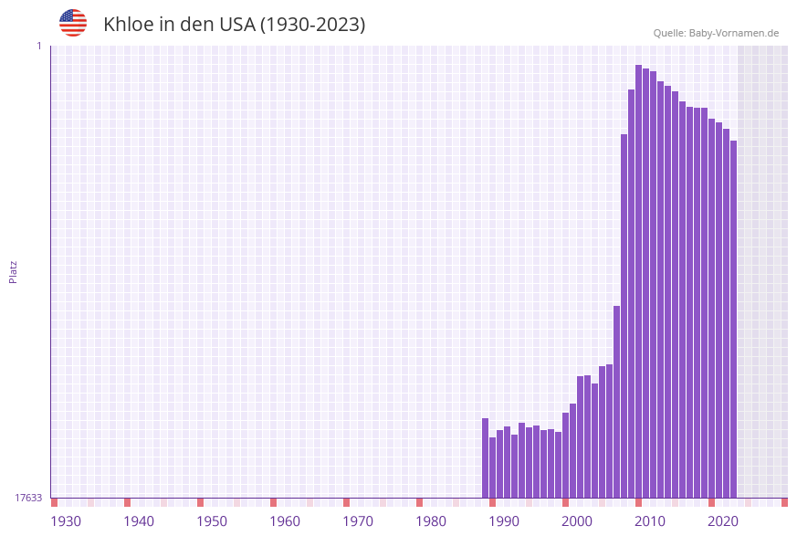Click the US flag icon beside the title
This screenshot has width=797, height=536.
pos(73,23)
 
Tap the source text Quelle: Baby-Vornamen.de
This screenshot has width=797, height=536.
pos(716,33)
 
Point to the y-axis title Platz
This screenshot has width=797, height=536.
pos(14,271)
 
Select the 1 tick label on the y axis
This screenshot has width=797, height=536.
pos(38,46)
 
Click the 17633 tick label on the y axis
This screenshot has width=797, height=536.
pos(28,498)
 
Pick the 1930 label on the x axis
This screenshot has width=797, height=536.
pos(66,521)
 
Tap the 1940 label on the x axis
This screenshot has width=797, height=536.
pos(139,521)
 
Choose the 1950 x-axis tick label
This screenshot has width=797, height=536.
pos(212,521)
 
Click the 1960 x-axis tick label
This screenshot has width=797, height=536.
pos(285,521)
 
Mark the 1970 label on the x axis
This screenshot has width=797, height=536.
pos(358,521)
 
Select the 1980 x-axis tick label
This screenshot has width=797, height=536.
pos(431,521)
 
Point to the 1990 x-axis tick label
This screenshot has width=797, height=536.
pos(504,521)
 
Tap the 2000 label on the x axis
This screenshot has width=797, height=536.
pos(577,521)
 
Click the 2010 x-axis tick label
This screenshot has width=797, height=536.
pos(650,521)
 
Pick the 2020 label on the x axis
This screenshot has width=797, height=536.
pos(723,521)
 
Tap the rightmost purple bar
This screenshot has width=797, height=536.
pos(733,320)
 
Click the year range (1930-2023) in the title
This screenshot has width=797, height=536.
pos(312,25)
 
